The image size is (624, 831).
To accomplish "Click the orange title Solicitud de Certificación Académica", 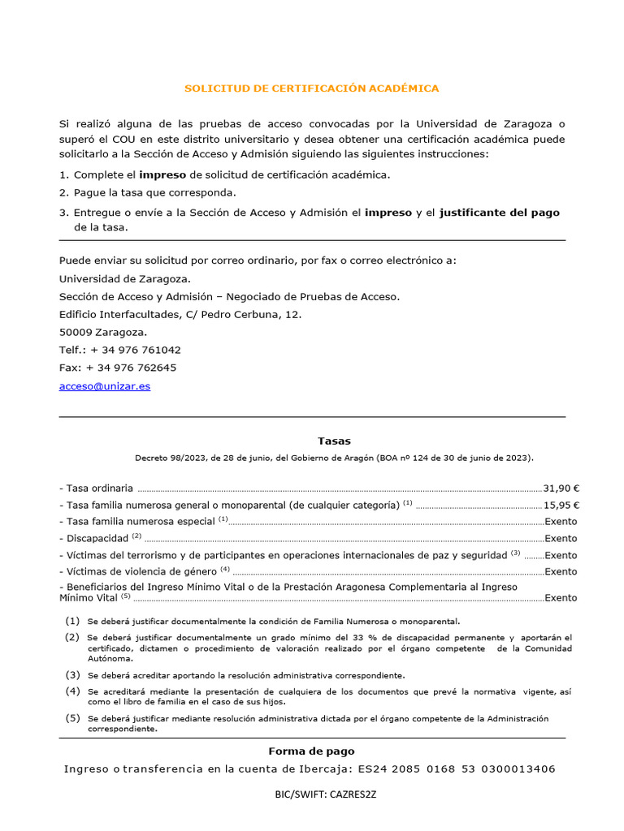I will tap(311, 88).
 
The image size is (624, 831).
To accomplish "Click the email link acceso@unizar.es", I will tap(105, 386).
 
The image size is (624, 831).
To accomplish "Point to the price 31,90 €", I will tap(561, 489).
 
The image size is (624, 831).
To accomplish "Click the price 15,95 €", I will tap(561, 505).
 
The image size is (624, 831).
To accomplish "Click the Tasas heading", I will tap(311, 441).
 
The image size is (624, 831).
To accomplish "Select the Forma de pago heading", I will tap(311, 751).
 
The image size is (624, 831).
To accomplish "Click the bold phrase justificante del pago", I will tap(499, 213).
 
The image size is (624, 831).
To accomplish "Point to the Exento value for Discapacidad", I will tap(561, 538).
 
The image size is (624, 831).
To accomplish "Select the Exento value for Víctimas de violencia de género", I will tap(561, 571).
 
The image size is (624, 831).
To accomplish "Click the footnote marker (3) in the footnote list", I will tap(73, 675).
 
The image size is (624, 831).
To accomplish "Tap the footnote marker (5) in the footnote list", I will tap(73, 718).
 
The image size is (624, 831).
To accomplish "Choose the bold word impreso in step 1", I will tap(162, 174).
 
